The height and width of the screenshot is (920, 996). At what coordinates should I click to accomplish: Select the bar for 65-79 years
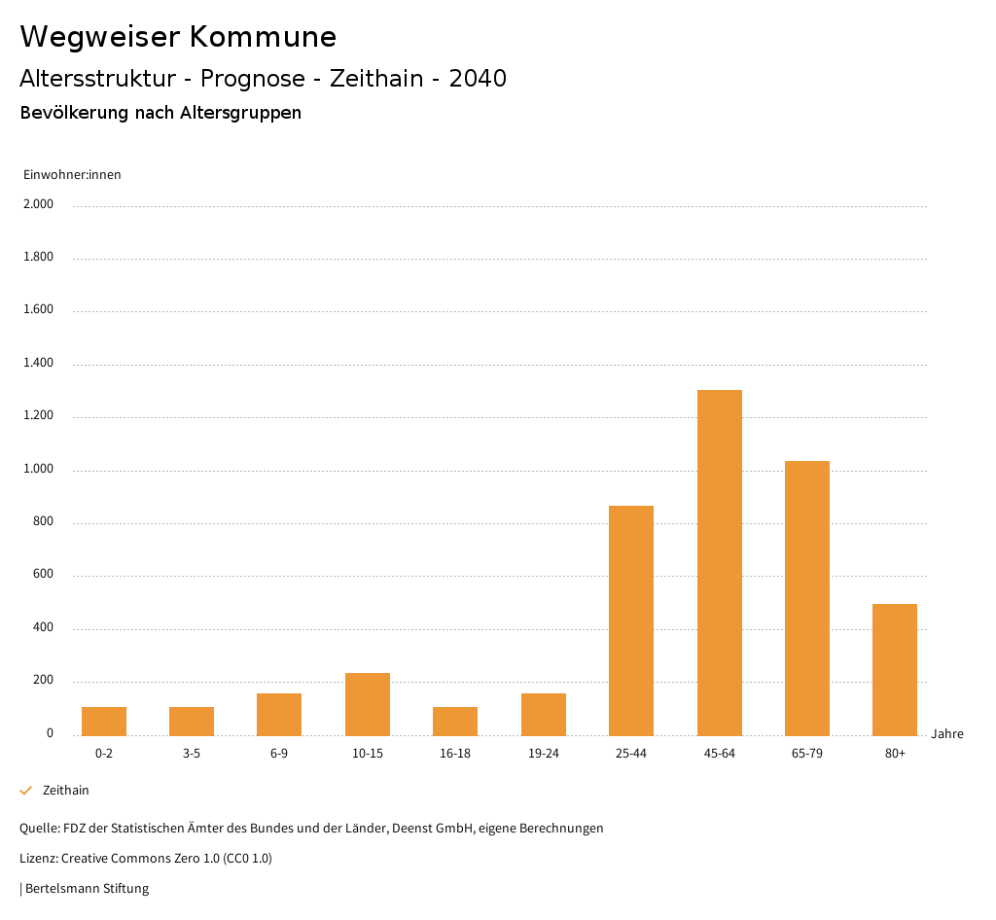[807, 598]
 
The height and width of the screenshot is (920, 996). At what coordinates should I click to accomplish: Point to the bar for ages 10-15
[368, 704]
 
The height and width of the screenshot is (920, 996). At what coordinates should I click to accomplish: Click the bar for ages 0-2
[104, 721]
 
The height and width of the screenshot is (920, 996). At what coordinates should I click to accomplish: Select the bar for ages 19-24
[544, 714]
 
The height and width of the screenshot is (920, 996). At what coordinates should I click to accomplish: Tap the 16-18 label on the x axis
[455, 754]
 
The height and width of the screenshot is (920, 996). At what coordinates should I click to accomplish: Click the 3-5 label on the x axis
[192, 754]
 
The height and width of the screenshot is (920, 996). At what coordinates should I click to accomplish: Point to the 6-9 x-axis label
[279, 754]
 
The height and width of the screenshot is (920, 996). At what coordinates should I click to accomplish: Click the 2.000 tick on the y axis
[39, 204]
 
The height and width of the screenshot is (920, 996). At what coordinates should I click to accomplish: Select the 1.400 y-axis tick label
[39, 363]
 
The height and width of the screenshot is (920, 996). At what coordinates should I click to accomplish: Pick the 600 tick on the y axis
[43, 575]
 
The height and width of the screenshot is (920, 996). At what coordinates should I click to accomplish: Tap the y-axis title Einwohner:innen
[72, 175]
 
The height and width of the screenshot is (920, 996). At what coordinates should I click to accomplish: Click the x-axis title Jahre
[947, 734]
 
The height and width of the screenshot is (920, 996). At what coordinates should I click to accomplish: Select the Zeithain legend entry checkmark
[26, 791]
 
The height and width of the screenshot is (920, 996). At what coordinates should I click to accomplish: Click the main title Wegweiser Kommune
[178, 37]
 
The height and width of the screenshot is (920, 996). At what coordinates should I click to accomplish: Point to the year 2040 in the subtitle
[478, 79]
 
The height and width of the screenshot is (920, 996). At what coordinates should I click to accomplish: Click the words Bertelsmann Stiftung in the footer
[87, 888]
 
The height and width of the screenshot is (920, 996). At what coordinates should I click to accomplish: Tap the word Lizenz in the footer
[38, 859]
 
